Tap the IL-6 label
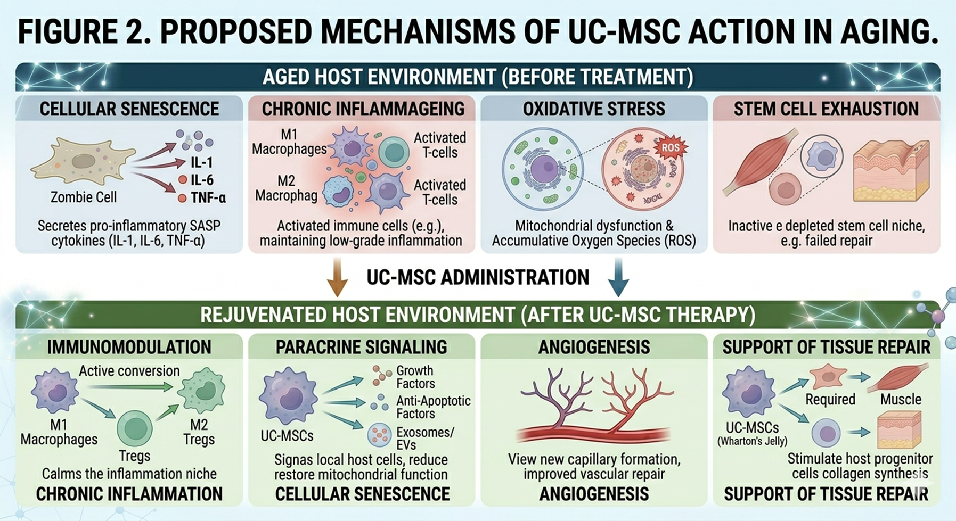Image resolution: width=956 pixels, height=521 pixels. pos(202,180)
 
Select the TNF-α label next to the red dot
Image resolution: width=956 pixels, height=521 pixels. pos(208,198)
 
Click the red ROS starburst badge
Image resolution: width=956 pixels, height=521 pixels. pos(670,147)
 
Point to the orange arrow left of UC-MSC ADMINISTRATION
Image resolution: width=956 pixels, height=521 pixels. pos(337,277)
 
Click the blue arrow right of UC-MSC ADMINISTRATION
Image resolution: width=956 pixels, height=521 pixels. pos(618,277)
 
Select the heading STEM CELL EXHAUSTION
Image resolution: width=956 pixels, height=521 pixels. pos(826,109)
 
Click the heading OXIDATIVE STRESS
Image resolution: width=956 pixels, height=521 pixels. pos(594,109)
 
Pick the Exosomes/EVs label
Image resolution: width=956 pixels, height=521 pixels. pos(424,438)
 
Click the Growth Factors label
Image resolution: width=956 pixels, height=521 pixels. pos(415,377)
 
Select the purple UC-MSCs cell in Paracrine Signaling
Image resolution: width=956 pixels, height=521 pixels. pos(288,398)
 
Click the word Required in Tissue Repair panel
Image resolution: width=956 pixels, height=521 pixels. pos(830,399)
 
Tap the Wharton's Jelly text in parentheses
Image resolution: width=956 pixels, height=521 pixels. pos(752,441)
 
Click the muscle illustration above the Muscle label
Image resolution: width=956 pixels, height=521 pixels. pos(900,377)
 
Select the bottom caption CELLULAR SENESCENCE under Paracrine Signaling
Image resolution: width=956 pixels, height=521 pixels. pos(362,494)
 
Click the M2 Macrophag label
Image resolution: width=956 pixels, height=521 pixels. pos(286,188)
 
